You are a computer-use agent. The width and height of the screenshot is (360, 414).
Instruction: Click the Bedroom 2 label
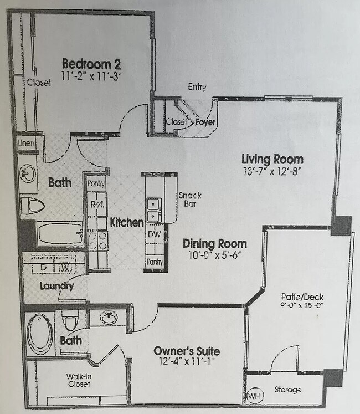(x=91, y=63)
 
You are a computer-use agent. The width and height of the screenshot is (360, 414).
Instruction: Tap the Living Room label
(x=272, y=160)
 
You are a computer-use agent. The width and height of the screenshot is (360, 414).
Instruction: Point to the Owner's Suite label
(x=186, y=351)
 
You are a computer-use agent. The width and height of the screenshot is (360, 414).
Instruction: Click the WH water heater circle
(x=254, y=396)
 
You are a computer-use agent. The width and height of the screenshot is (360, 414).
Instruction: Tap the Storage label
(x=288, y=390)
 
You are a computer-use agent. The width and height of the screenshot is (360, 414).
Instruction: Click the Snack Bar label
(x=189, y=200)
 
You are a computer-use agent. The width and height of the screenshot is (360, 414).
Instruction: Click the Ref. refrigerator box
(x=97, y=203)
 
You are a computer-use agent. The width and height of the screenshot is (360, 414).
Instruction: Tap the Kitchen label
(x=127, y=223)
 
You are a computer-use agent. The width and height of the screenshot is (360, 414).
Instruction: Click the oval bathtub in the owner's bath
(x=40, y=335)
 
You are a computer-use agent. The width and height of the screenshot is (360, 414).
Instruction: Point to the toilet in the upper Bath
(x=33, y=206)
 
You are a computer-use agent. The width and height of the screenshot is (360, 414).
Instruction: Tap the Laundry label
(x=56, y=287)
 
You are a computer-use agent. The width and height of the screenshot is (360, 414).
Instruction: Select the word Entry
(x=197, y=86)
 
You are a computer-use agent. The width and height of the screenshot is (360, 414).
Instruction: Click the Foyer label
(x=205, y=122)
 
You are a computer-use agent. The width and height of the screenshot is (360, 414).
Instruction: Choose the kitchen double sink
(x=153, y=209)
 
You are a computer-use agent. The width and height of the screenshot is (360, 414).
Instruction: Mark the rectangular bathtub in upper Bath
(x=60, y=233)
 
